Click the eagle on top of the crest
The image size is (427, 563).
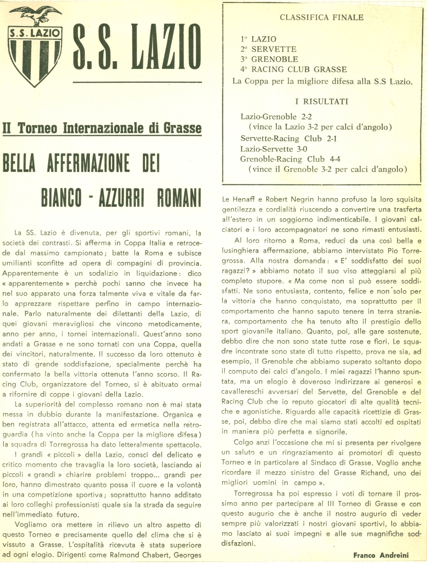[x=35, y=15]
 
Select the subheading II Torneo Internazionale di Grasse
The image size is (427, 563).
[x=102, y=128]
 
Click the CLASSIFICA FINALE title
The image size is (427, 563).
[x=322, y=17]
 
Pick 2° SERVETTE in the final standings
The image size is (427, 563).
[x=268, y=49]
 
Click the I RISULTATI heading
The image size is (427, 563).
[x=322, y=101]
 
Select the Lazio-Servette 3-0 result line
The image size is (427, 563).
[x=274, y=149]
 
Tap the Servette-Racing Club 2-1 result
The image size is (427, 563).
[x=288, y=139]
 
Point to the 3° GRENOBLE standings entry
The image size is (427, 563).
[x=269, y=59]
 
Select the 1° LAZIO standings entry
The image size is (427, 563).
[x=258, y=39]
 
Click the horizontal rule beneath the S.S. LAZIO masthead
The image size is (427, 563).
[x=137, y=82]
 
